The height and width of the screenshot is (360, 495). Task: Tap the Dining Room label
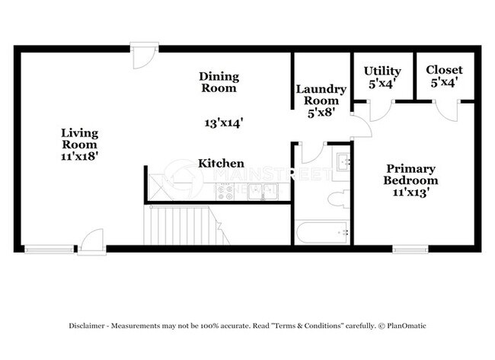point(219,82)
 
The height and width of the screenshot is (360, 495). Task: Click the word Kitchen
point(221,164)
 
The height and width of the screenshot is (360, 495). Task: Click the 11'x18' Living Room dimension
point(80,155)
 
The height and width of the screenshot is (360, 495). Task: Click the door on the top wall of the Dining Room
point(142,56)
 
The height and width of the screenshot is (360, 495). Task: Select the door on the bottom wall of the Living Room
point(91,241)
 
